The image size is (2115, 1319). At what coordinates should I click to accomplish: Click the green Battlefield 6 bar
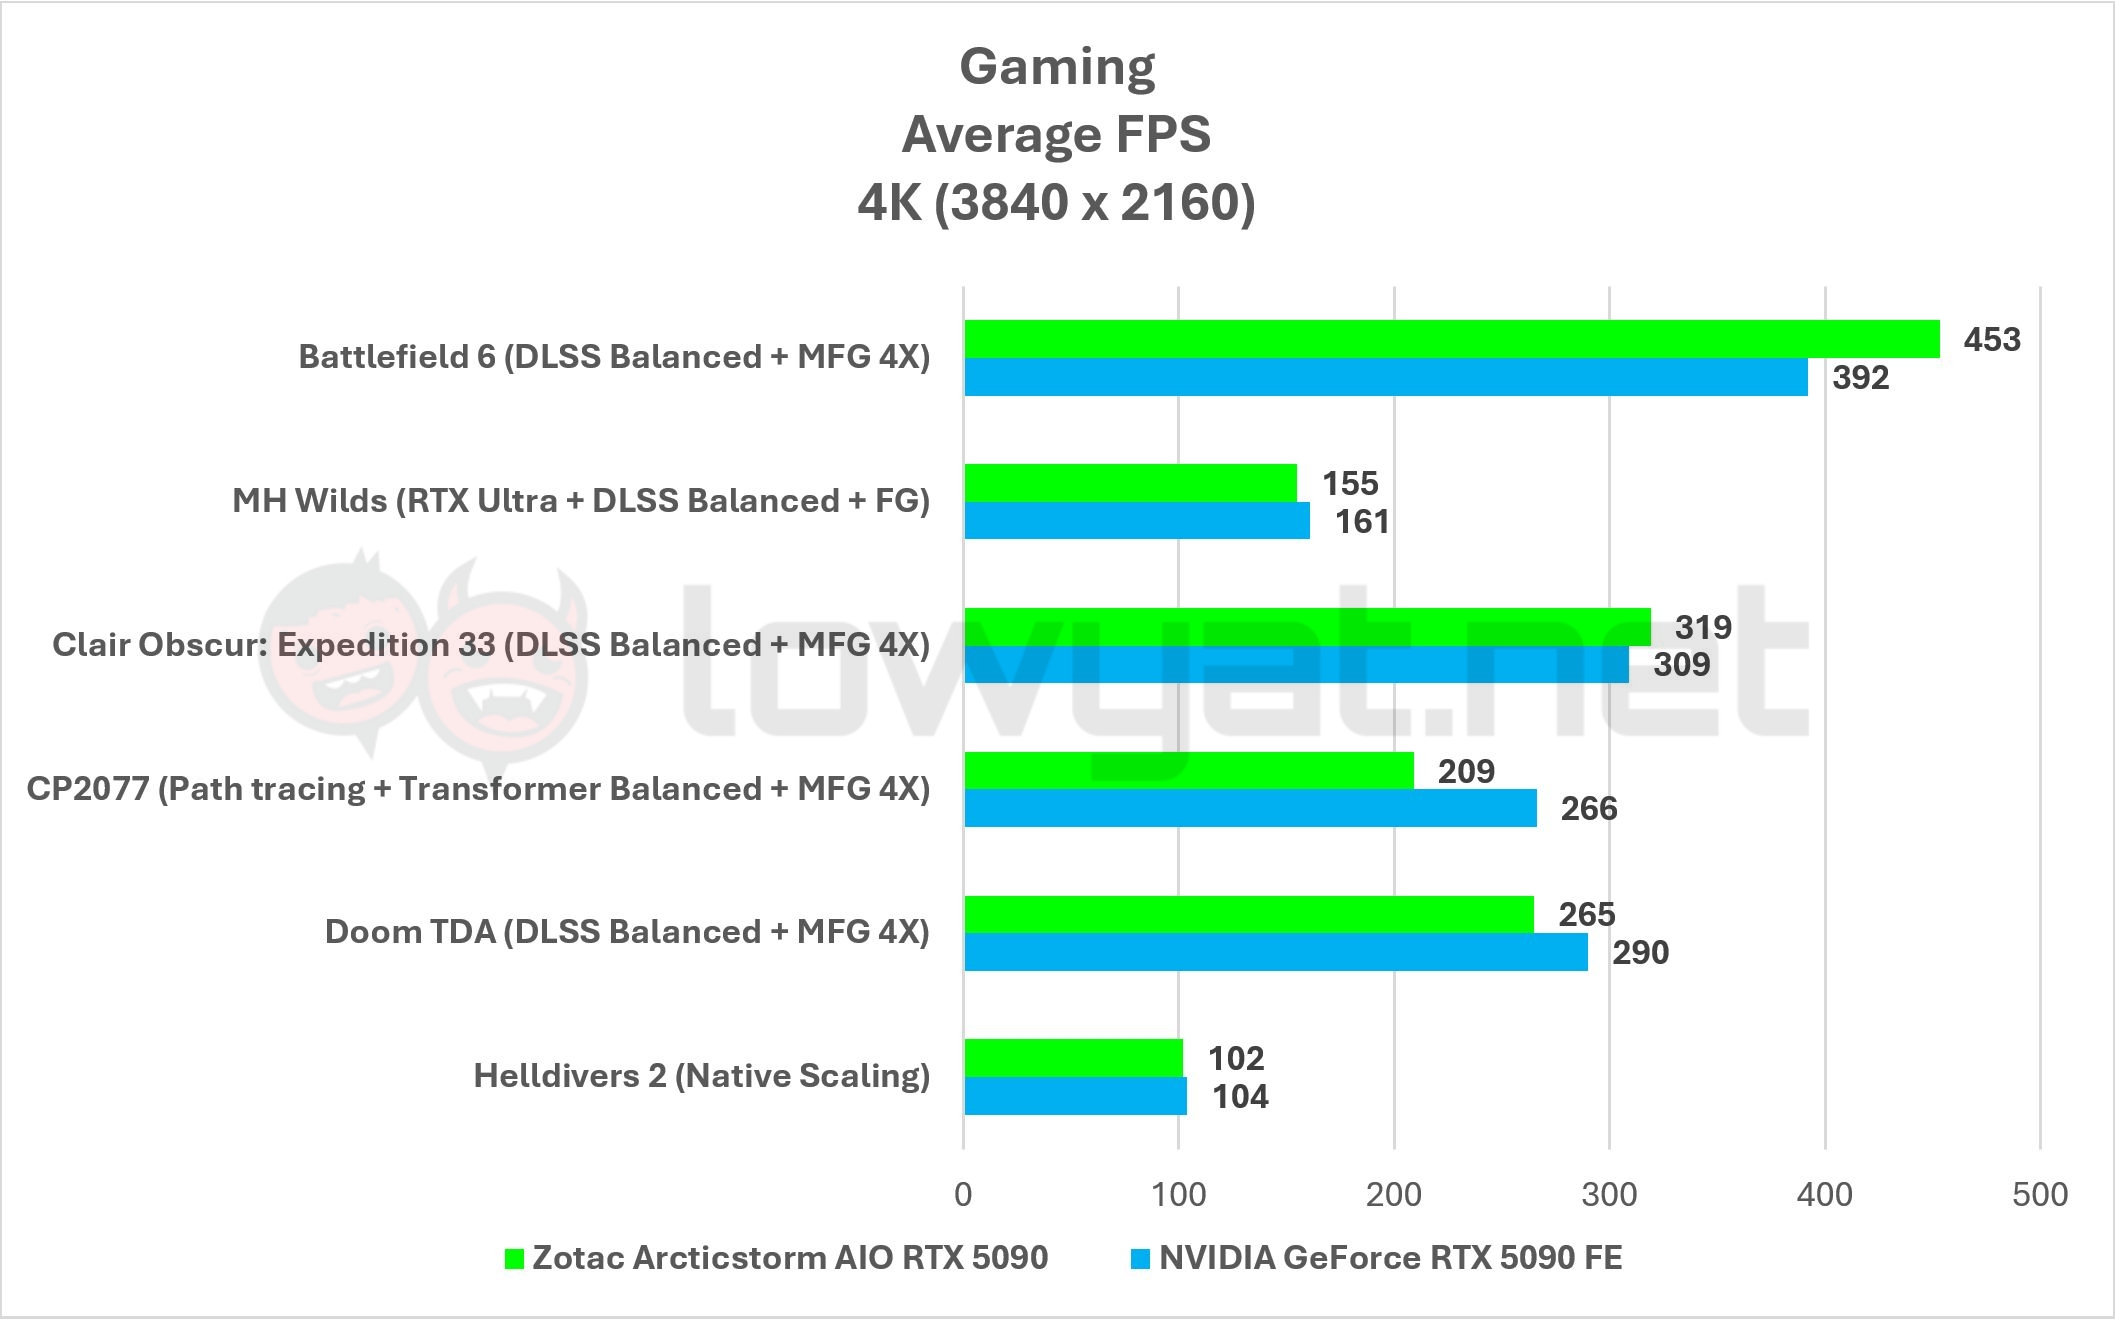1451,339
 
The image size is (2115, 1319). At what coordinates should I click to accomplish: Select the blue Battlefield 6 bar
1385,377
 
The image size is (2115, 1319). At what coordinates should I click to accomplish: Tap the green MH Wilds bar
1130,483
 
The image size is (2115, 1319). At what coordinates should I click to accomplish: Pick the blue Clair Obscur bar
1296,665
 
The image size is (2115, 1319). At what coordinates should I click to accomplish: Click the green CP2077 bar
1189,770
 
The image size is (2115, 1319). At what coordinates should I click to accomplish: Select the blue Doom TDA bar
1275,952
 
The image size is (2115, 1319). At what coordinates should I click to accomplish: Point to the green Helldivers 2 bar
1073,1058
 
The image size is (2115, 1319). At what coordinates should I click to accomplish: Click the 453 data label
1991,340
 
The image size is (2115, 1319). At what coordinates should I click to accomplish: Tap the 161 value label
1362,522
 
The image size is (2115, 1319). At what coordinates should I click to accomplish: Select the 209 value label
1466,771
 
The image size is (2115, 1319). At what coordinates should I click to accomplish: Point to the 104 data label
1240,1097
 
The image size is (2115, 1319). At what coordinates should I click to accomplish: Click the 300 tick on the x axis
1609,1194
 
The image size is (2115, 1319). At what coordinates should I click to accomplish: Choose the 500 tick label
2040,1194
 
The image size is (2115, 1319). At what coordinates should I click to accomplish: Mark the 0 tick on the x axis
963,1194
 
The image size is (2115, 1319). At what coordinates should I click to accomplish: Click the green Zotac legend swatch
514,1259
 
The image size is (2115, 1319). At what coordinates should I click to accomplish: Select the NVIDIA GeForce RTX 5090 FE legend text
1390,1257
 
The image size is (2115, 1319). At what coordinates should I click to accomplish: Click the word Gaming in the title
1057,67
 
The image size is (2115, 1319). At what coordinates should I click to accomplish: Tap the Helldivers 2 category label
701,1076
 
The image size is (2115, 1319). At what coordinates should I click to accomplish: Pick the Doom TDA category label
627,932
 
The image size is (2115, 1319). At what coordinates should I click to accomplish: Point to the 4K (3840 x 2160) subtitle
1056,203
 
